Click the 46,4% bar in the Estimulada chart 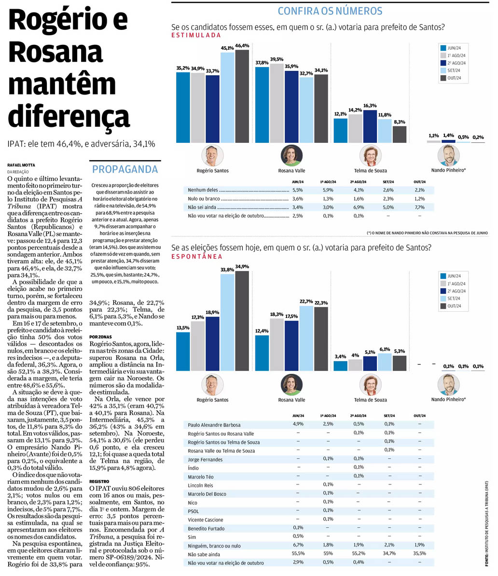click(242, 96)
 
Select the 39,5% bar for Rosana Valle click(277, 103)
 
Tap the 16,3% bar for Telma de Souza click(370, 126)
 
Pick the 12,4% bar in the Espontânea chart click(262, 353)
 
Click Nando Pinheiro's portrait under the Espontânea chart click(448, 384)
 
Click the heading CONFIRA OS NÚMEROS click(330, 11)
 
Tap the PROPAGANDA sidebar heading click(125, 169)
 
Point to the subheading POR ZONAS click(100, 337)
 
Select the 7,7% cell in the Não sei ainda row click(418, 207)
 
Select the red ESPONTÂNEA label click(197, 257)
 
